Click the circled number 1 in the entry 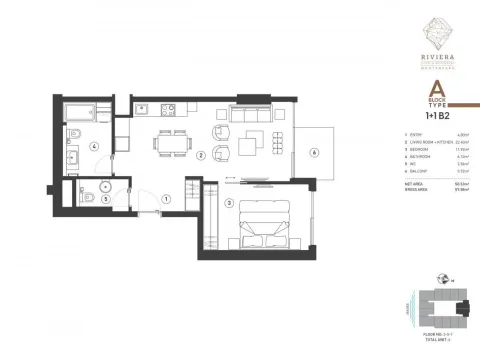click(166, 198)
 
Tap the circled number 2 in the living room click(201, 156)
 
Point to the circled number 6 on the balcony click(314, 153)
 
